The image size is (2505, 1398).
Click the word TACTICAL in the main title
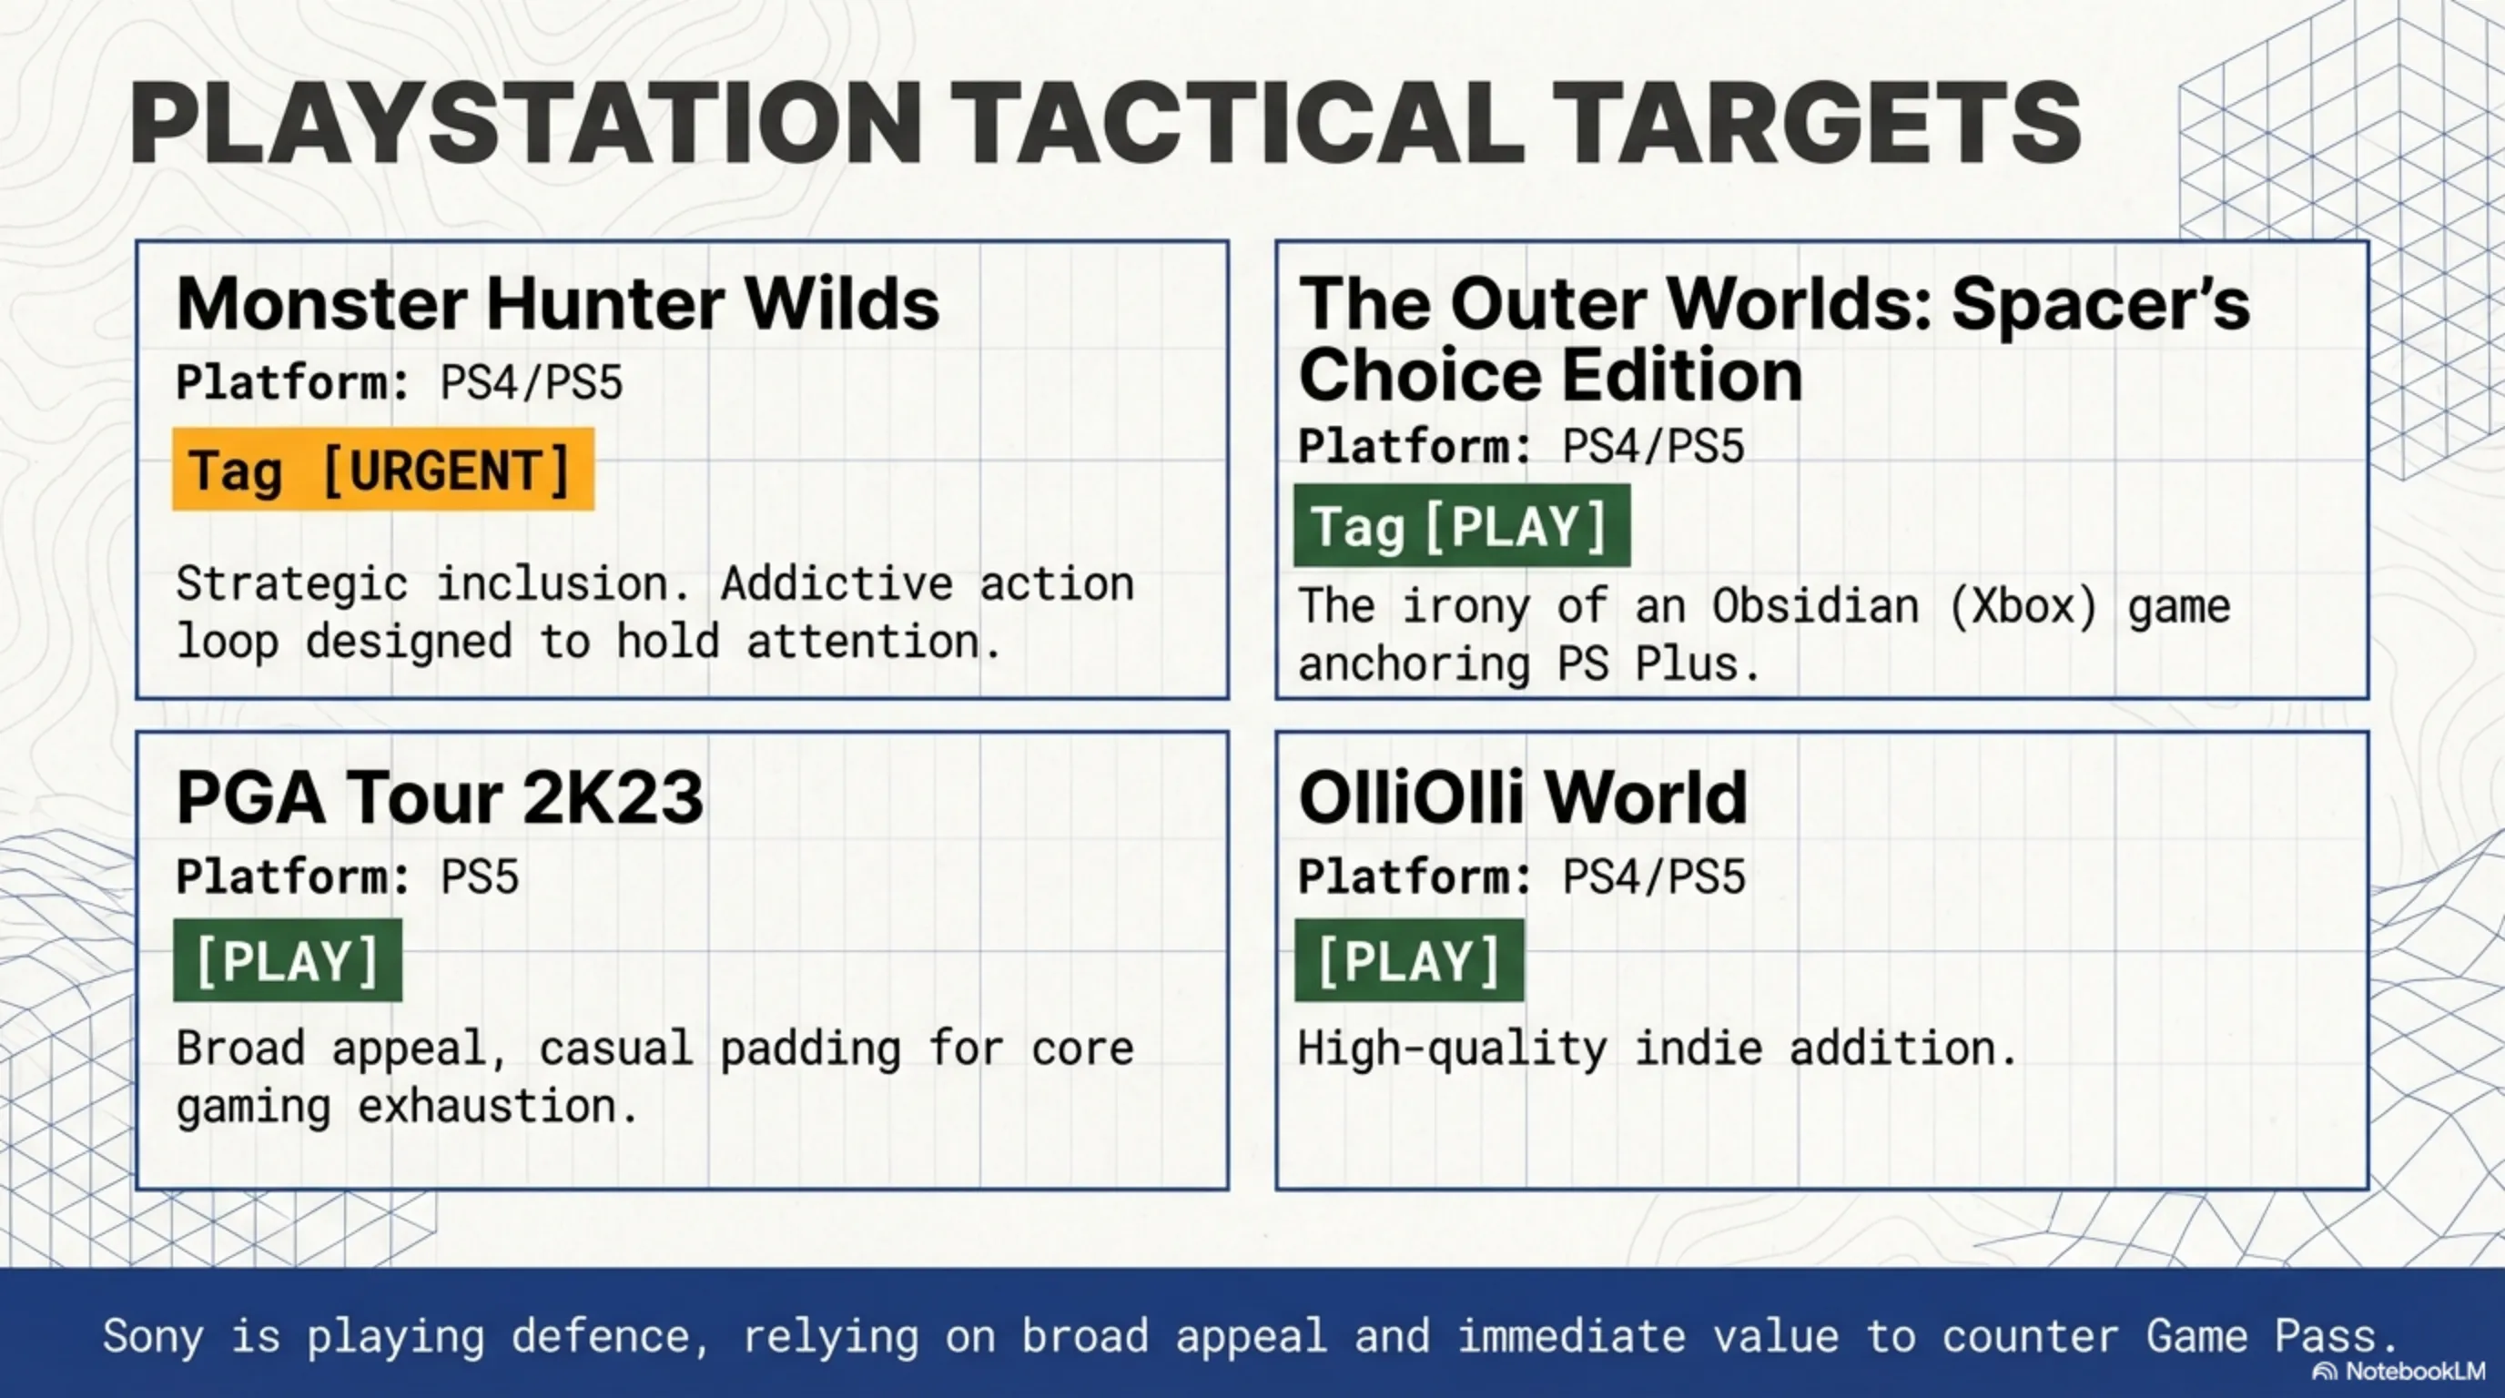pos(1236,123)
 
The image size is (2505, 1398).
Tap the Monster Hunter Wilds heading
pos(558,304)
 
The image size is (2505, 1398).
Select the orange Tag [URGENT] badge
pos(383,470)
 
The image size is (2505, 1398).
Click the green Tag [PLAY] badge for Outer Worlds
pos(1462,526)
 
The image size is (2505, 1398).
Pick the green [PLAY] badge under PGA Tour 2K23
pos(288,960)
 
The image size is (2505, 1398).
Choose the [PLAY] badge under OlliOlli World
pos(1409,960)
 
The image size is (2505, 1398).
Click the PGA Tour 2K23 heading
pos(440,797)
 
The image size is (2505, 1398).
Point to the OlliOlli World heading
pos(1523,797)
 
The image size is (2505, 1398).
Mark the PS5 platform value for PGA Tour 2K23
pos(480,876)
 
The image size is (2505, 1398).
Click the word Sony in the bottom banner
pos(154,1336)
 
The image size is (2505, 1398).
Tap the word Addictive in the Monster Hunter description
pos(837,583)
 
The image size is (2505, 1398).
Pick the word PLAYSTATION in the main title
pos(524,123)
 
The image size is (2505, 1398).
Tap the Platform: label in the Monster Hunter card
pos(294,382)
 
